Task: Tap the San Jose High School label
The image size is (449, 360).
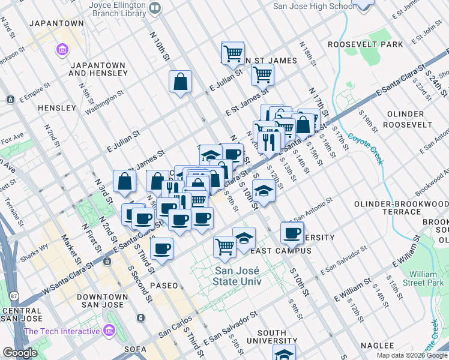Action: [313, 6]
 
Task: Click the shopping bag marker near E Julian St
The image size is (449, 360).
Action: [180, 82]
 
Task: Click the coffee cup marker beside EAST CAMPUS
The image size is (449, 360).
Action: [292, 233]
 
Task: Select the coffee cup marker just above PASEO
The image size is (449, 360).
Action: [161, 248]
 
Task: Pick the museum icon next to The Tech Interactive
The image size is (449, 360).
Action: [109, 331]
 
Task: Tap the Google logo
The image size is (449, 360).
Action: [20, 353]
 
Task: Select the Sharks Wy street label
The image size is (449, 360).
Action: [36, 247]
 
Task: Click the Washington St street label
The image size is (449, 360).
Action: [104, 102]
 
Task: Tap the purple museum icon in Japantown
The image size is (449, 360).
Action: [62, 49]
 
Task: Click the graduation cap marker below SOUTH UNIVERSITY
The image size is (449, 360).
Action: [285, 353]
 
